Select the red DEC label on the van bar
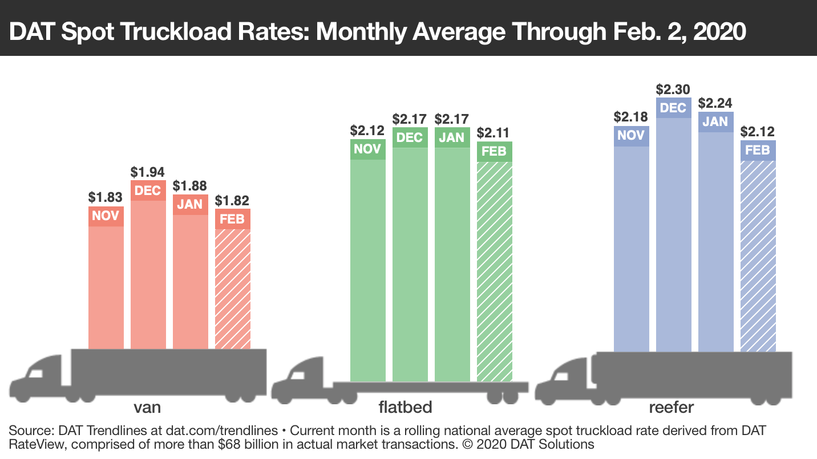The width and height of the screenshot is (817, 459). coord(148,190)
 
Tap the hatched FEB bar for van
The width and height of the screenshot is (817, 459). coord(232,288)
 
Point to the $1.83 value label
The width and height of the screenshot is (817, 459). coord(106,197)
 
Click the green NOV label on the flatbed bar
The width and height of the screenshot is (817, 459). coord(368,149)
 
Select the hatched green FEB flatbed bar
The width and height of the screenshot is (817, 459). coord(495,271)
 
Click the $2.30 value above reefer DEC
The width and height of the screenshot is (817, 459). coord(673,90)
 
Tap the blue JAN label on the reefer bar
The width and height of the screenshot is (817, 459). coord(715,121)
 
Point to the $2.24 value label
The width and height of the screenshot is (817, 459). coord(715,103)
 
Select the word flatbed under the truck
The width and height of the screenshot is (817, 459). coord(405,407)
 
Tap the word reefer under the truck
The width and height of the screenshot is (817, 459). coord(671,407)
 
